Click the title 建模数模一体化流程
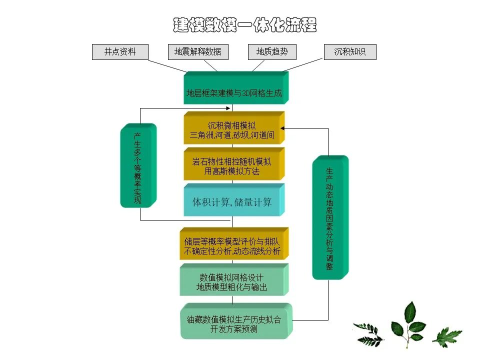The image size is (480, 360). pyautogui.click(x=245, y=25)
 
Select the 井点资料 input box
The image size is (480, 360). pyautogui.click(x=120, y=52)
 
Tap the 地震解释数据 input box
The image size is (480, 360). pyautogui.click(x=197, y=52)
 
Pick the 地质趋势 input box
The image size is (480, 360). pyautogui.click(x=272, y=52)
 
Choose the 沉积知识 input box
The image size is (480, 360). pyautogui.click(x=349, y=52)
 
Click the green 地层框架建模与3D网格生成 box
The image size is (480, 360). pyautogui.click(x=233, y=92)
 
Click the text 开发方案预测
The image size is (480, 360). pyautogui.click(x=233, y=329)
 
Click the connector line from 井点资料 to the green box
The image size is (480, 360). pyautogui.click(x=167, y=66)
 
